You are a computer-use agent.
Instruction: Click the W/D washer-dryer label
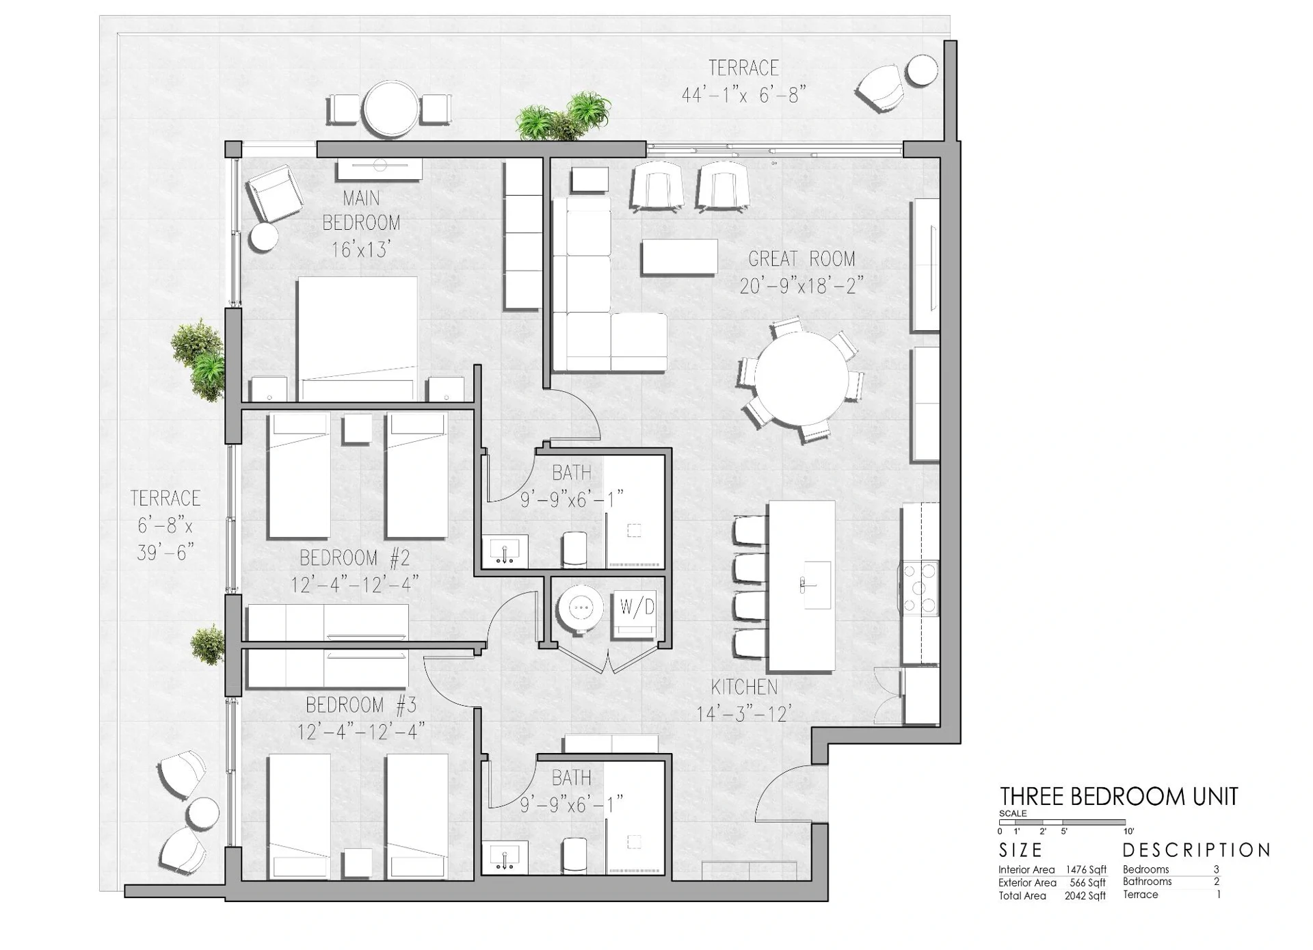tap(637, 606)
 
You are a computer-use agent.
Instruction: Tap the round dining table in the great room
tap(799, 378)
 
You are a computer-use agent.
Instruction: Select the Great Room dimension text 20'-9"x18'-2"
tap(801, 285)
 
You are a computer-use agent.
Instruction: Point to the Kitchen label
tap(744, 687)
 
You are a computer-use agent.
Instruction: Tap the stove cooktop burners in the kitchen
tap(920, 588)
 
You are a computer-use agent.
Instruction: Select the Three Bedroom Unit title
tap(1118, 797)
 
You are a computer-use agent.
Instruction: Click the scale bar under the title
tap(1063, 823)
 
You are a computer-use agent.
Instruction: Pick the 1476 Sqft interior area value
tap(1086, 870)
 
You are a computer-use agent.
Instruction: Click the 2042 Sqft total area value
tap(1085, 896)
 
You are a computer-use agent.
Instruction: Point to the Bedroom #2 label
tap(354, 558)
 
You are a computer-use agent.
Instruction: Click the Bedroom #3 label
tap(360, 704)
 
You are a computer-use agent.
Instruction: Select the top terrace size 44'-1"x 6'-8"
tap(743, 94)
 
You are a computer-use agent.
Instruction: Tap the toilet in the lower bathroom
tap(574, 856)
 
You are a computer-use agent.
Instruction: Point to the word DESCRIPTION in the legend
tap(1196, 850)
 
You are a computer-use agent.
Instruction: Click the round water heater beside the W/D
tap(580, 607)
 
